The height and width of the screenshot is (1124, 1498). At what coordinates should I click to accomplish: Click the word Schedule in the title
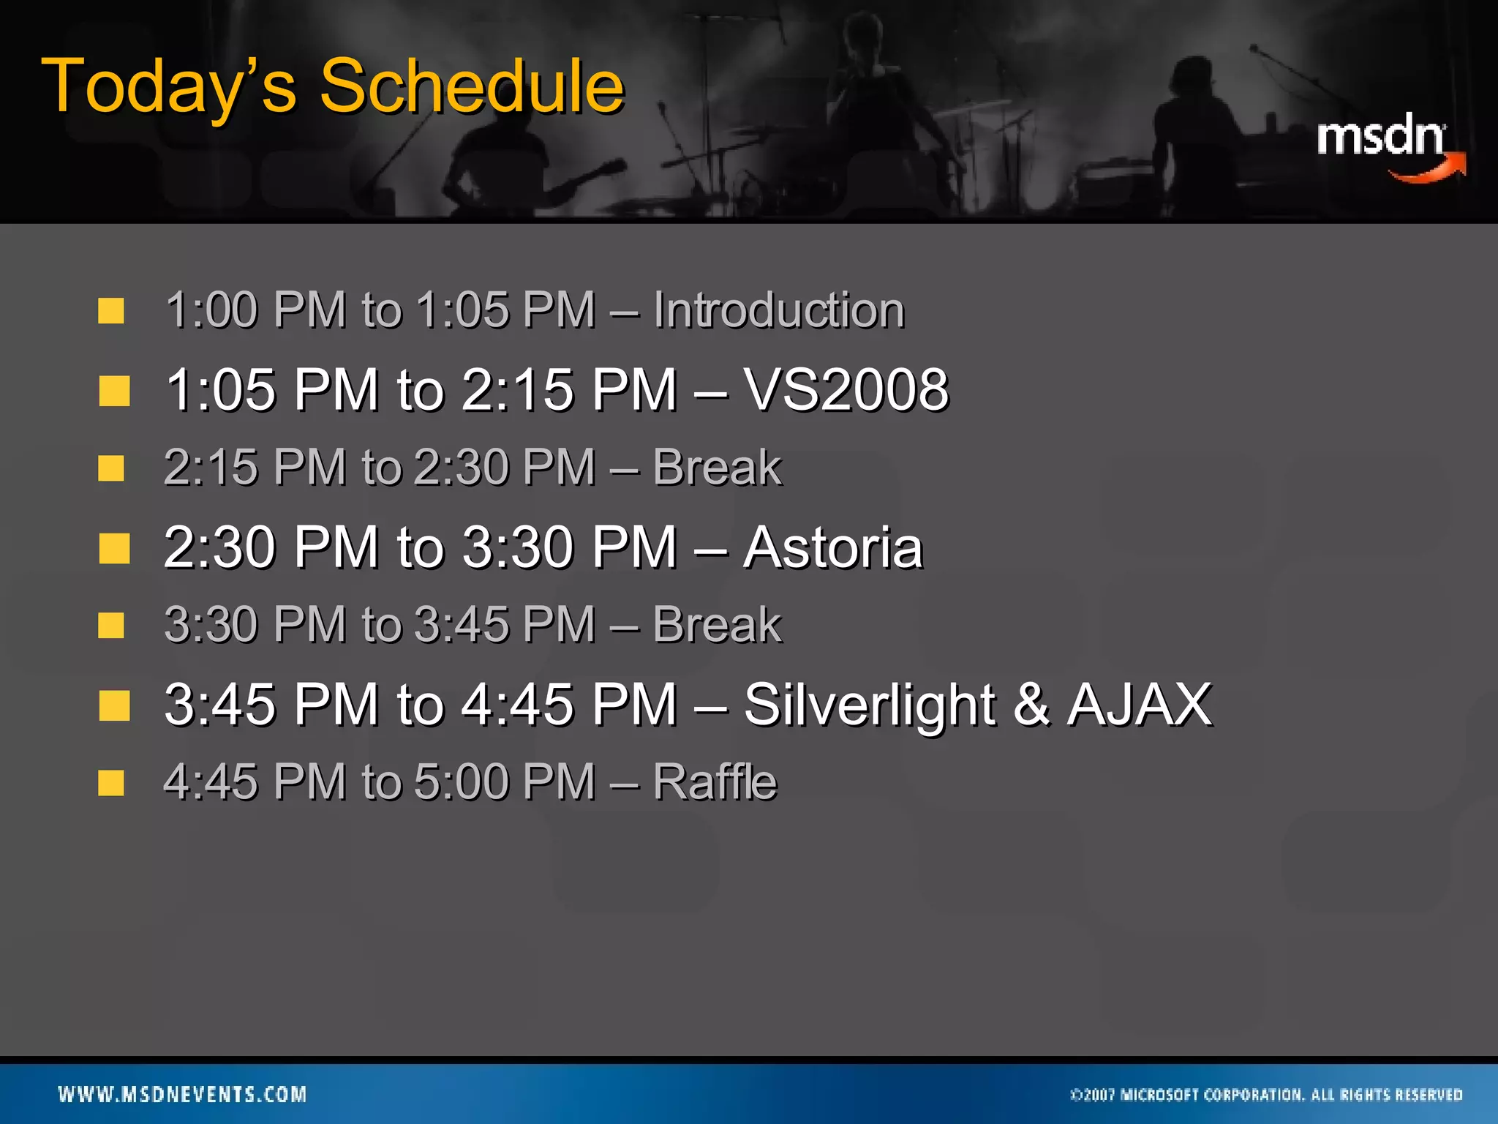[x=472, y=86]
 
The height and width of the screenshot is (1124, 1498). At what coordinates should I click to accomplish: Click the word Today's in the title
[x=170, y=88]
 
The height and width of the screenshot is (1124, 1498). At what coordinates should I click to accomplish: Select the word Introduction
[x=778, y=310]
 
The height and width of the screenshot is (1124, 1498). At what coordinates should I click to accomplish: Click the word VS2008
[x=846, y=389]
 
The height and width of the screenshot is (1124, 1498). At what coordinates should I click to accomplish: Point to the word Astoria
[x=833, y=547]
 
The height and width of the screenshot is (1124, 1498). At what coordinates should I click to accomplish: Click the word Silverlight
[x=869, y=705]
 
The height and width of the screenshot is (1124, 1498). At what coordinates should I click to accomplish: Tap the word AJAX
[x=1140, y=705]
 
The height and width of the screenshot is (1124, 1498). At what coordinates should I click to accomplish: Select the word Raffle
[x=715, y=782]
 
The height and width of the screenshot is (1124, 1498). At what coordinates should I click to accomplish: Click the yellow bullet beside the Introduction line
[x=111, y=311]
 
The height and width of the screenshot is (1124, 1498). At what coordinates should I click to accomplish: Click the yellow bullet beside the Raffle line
[x=111, y=783]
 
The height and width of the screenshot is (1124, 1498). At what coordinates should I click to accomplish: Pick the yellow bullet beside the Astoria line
[x=114, y=548]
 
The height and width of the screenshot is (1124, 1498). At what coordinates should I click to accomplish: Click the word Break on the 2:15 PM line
[x=717, y=468]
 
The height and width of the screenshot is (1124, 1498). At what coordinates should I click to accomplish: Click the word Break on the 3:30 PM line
[x=717, y=625]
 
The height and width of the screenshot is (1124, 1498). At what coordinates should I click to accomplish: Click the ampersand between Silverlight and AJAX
[x=1031, y=705]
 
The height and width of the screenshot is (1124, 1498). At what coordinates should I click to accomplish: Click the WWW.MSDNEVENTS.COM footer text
[x=183, y=1094]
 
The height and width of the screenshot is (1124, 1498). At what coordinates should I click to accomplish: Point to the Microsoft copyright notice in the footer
[x=1266, y=1095]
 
